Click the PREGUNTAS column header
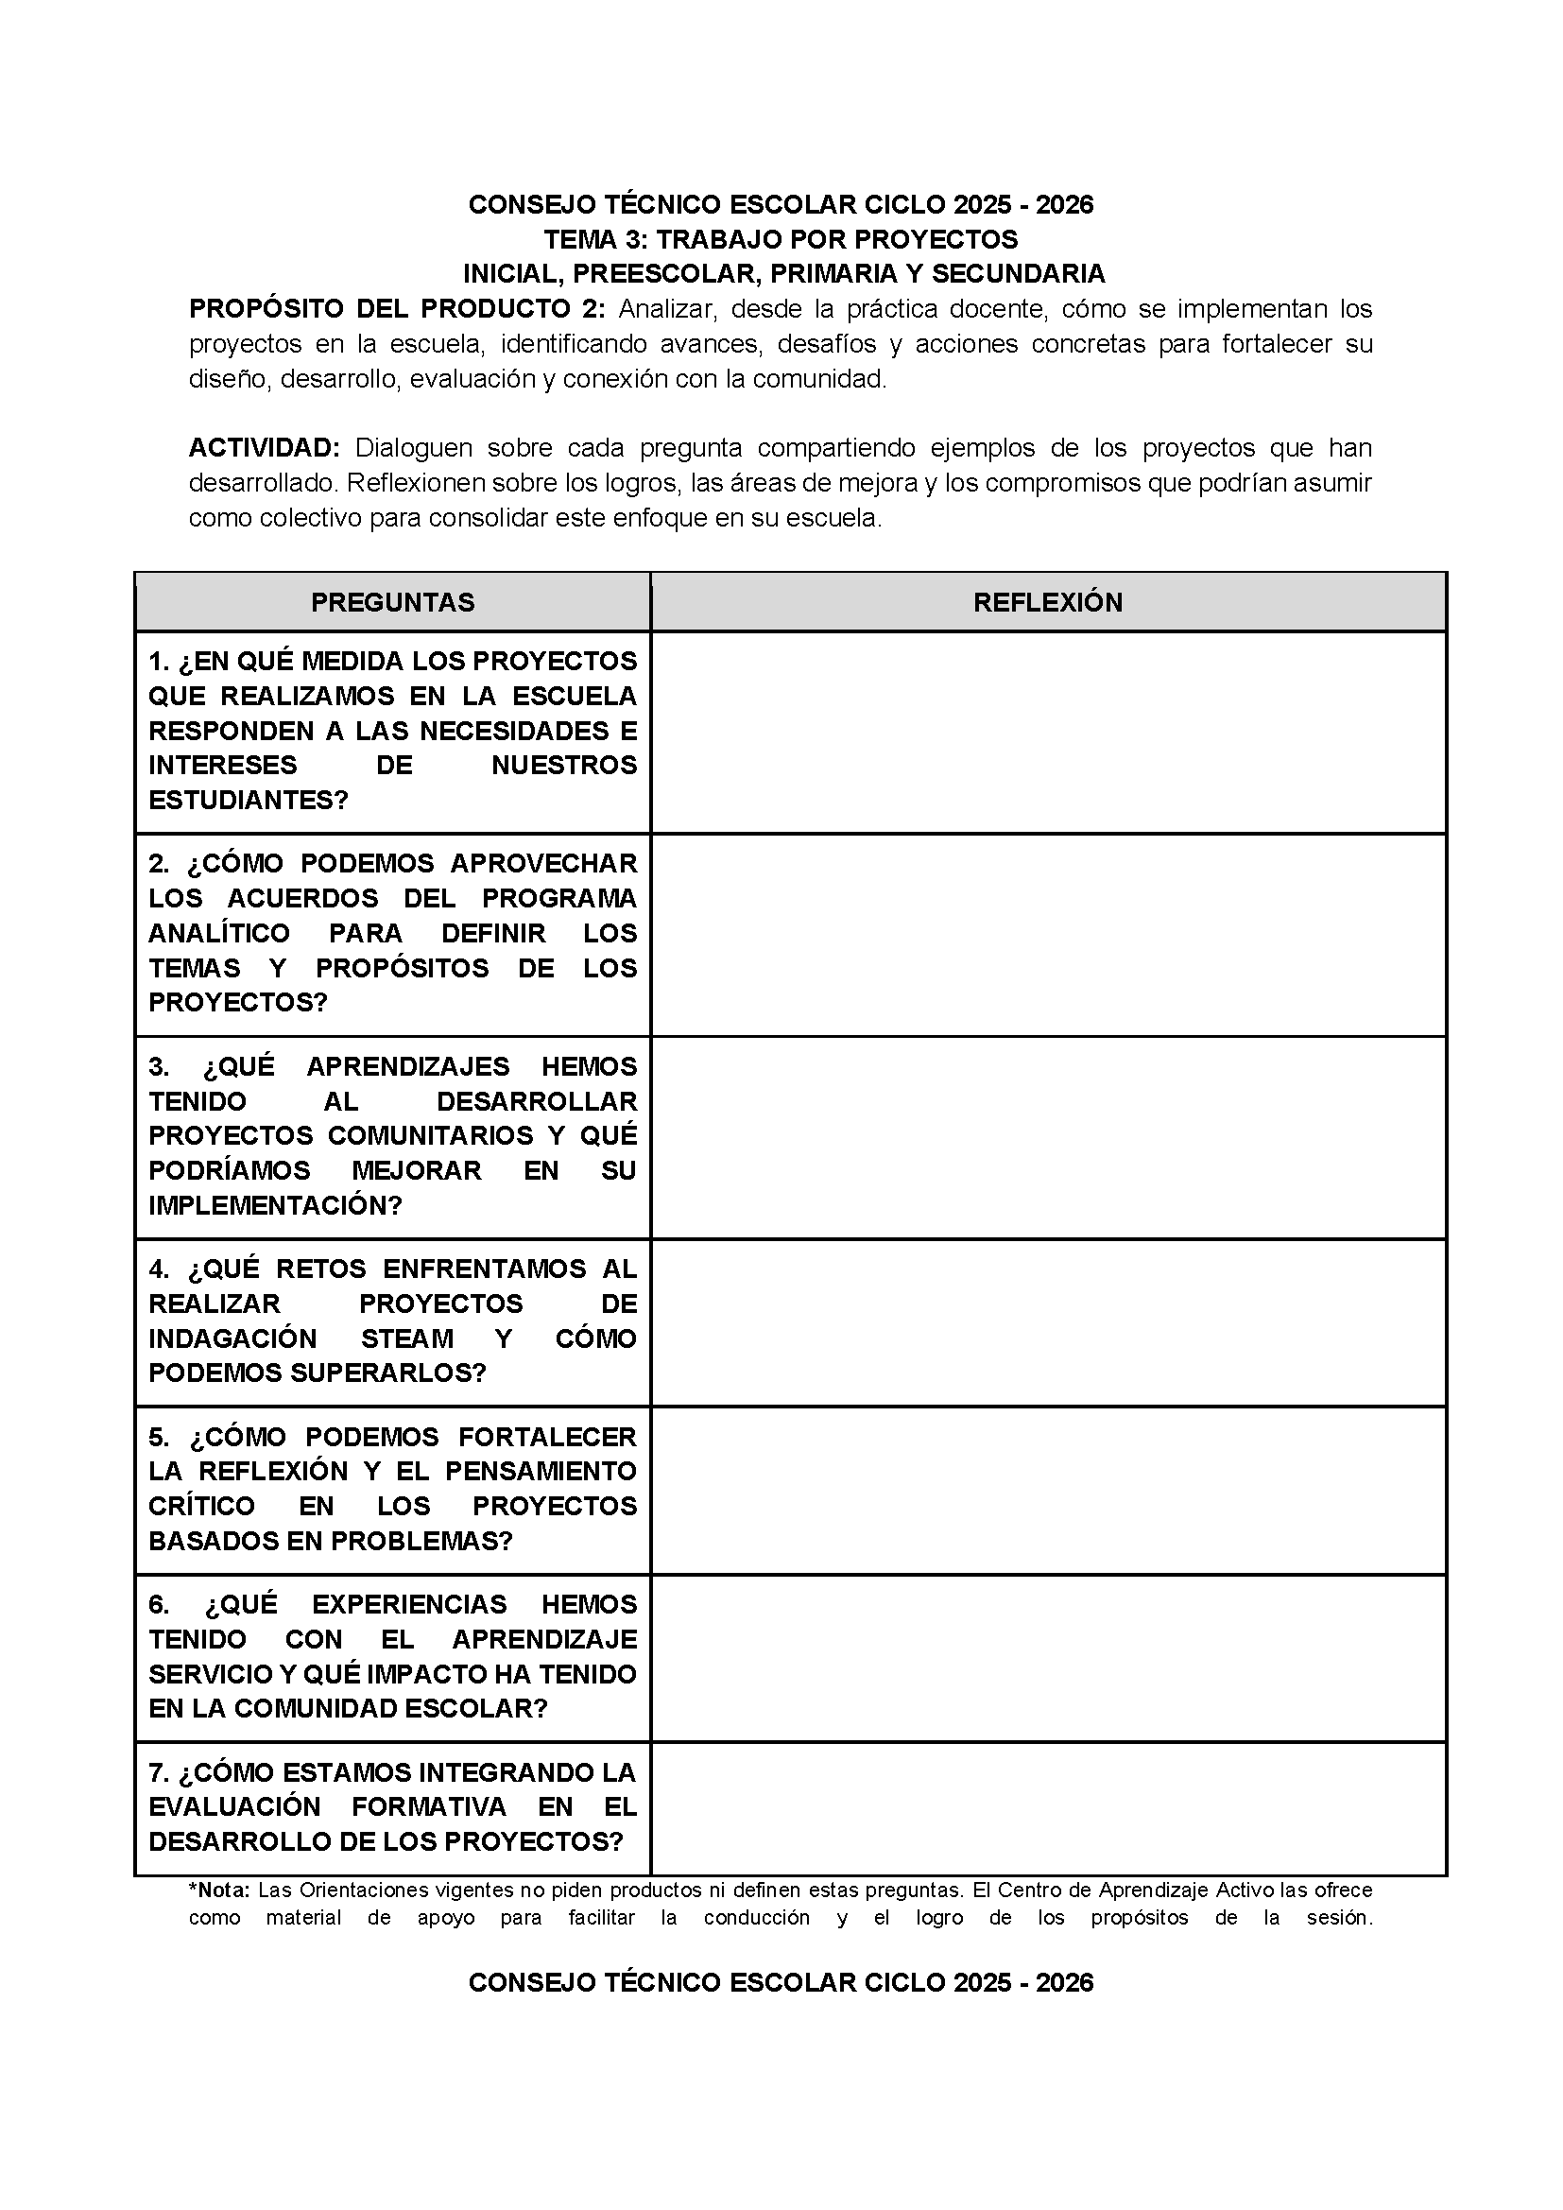point(393,602)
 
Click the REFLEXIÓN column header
point(1048,602)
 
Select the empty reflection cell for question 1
point(1048,733)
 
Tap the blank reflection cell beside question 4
point(1048,1322)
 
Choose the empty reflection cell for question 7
point(1048,1808)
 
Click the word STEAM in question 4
point(407,1338)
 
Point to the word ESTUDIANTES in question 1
point(248,801)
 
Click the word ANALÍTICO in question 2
point(218,934)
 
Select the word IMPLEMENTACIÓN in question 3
point(274,1206)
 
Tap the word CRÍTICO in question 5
point(201,1507)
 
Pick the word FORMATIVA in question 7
point(429,1806)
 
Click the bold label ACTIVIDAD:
point(265,449)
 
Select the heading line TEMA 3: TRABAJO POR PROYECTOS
point(781,239)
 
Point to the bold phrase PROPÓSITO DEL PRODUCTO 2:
point(398,310)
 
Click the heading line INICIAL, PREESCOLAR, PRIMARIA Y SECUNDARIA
point(783,274)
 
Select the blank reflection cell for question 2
point(1048,936)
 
